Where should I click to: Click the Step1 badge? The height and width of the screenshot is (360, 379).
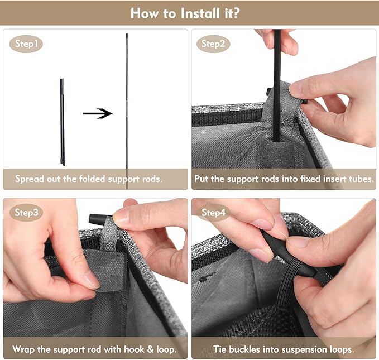point(26,44)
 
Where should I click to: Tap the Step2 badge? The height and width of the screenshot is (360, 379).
point(213,44)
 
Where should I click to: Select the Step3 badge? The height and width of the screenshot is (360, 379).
point(26,213)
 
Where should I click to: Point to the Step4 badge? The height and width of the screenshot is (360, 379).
point(213,213)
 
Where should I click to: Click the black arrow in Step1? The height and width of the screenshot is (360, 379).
point(98,113)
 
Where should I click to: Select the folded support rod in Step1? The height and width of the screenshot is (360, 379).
point(63,122)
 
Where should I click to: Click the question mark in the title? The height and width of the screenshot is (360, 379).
point(236,13)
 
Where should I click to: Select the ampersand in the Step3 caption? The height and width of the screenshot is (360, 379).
point(150,349)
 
